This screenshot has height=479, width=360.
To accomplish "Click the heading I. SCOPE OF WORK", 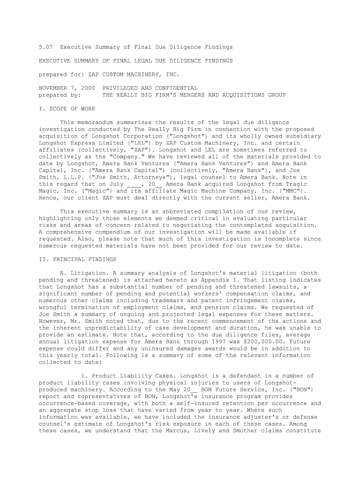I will (67, 109).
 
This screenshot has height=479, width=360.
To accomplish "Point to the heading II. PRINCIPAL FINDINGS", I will (78, 259).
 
